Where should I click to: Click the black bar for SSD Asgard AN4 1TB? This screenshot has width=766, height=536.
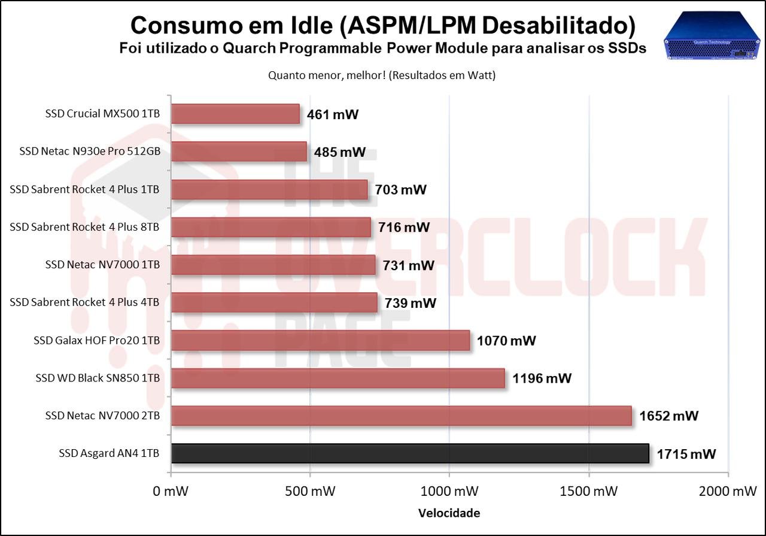coord(410,453)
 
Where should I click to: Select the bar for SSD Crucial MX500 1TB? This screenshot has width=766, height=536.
coord(236,114)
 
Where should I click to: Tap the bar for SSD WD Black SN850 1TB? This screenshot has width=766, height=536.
coord(338,378)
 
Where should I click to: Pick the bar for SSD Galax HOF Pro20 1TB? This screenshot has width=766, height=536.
coord(321,341)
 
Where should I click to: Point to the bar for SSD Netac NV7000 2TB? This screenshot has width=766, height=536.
coord(402,416)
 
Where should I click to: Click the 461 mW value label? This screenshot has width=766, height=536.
coord(333,114)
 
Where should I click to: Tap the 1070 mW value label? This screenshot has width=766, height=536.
coord(506,341)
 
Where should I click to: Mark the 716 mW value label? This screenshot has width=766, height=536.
coord(404,227)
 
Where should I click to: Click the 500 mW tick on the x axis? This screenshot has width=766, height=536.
coord(310,491)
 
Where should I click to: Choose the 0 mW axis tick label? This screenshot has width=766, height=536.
coord(171,491)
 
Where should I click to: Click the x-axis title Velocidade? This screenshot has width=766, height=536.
coord(449,513)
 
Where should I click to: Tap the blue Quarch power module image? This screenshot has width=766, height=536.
coord(712,35)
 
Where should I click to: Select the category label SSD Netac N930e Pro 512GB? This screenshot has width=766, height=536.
coord(90,152)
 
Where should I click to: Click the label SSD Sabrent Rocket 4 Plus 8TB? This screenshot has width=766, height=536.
coord(84,227)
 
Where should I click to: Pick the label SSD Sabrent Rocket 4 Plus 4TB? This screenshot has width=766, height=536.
coord(84,302)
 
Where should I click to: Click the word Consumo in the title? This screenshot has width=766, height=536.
coord(187,25)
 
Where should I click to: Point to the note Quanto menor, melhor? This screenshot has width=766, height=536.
coord(327,75)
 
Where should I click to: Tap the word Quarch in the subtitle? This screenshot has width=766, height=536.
coord(250,49)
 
